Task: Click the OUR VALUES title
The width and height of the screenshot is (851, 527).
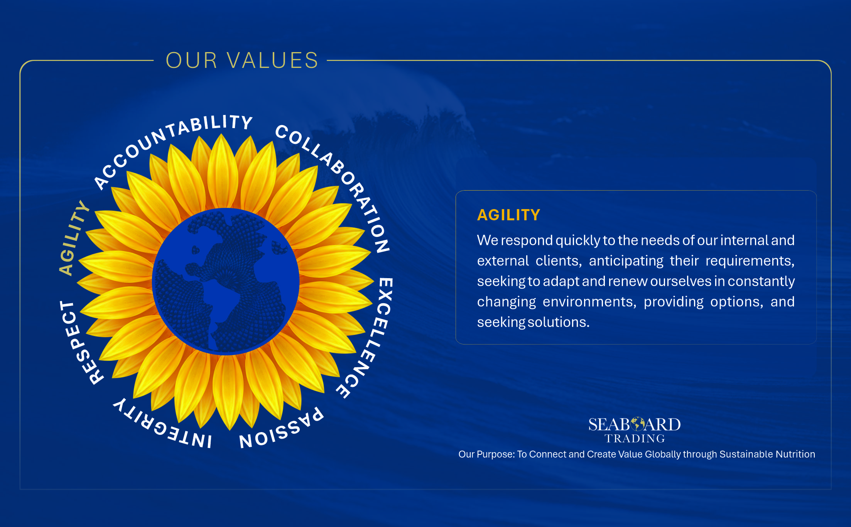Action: point(242,61)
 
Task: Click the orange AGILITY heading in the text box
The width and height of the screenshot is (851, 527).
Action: point(508,215)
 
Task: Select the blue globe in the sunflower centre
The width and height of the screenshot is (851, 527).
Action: point(226,282)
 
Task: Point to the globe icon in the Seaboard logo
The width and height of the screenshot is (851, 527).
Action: point(637,424)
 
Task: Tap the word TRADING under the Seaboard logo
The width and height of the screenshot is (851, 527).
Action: point(635,439)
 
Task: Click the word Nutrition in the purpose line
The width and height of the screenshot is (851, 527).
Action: point(795,454)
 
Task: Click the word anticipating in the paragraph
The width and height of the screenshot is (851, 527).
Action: point(626,261)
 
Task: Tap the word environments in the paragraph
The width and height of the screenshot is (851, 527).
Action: point(589,302)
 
